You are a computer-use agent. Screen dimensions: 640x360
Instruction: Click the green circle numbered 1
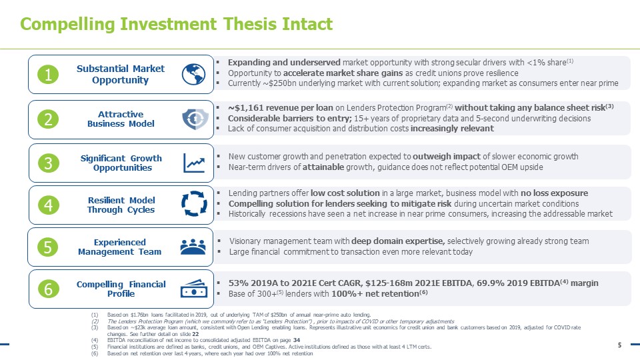48,75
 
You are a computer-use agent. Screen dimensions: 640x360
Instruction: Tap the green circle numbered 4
49,205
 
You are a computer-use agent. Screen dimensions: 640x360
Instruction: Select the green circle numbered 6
49,289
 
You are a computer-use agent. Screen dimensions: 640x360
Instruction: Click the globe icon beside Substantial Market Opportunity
193,74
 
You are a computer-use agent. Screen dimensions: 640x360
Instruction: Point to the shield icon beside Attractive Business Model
195,119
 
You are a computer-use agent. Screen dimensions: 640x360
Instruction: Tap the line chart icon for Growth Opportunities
194,163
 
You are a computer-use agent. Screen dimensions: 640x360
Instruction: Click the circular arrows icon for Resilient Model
194,204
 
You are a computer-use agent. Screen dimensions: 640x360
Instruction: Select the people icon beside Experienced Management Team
193,247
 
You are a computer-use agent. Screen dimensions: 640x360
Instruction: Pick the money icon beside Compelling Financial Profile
194,288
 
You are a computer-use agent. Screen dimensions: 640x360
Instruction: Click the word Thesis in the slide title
250,24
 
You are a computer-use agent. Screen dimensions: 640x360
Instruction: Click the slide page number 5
619,345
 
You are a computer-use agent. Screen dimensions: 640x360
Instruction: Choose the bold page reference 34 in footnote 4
297,340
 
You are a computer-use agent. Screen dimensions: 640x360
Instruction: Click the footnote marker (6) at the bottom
95,353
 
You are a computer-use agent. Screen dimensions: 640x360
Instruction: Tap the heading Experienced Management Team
119,247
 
